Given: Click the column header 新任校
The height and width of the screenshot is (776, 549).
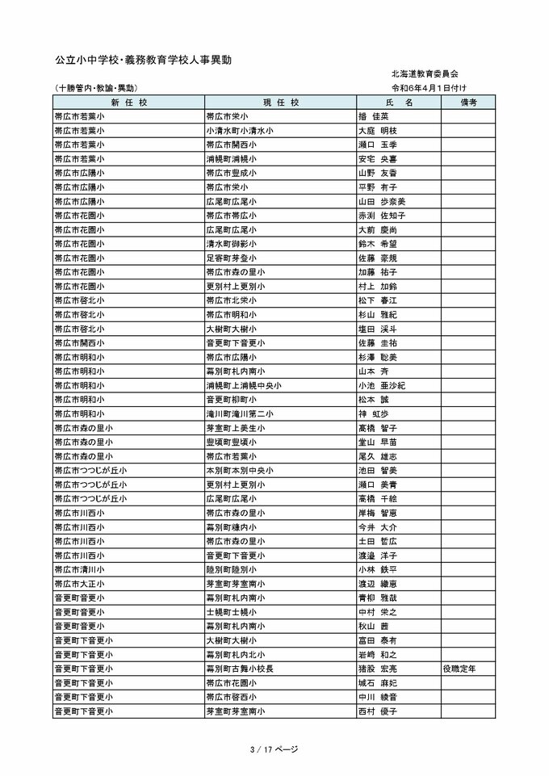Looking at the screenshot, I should (129, 103).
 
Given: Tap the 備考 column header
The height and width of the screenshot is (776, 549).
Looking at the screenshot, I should (468, 103).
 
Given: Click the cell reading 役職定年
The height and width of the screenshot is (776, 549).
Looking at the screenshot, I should (459, 669).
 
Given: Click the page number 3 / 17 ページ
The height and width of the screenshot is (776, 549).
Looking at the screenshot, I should (274, 749).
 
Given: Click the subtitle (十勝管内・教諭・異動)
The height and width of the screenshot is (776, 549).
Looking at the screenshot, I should (95, 87).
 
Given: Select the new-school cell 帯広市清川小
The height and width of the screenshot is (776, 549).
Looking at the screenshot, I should (78, 569).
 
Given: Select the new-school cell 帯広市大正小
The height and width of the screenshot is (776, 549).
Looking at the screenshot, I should (78, 583).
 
